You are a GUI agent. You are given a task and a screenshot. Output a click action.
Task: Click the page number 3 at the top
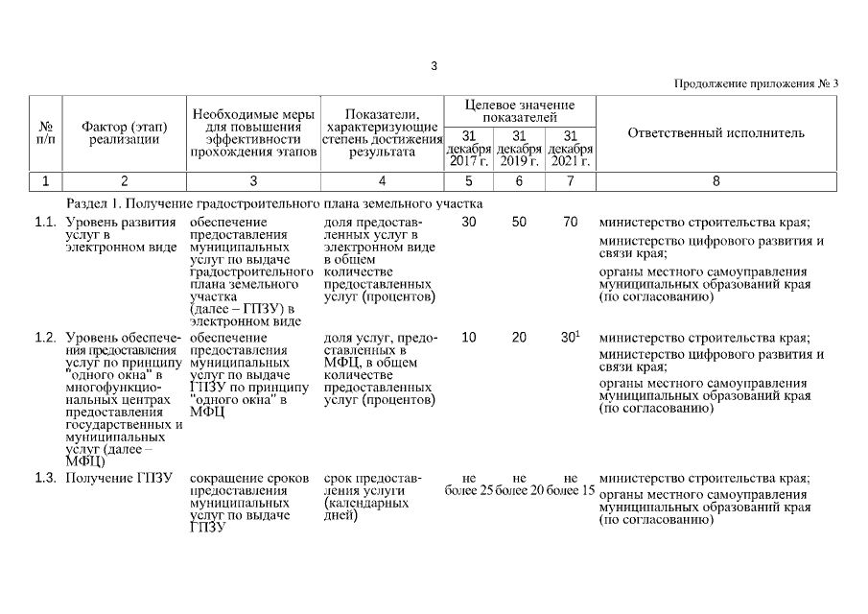click(434, 66)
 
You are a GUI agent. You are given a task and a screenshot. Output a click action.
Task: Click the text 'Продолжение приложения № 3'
click(757, 83)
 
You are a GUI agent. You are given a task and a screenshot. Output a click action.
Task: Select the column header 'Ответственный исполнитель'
click(716, 132)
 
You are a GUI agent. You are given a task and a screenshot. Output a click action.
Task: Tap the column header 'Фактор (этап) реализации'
click(125, 132)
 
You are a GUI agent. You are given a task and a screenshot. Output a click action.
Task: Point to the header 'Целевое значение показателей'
click(519, 109)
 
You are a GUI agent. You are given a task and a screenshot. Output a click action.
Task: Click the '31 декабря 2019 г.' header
click(519, 148)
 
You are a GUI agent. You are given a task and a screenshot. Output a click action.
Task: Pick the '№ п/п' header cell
click(45, 132)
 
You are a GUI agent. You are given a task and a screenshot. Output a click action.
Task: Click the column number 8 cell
click(716, 180)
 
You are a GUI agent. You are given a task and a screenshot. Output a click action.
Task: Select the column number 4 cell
click(382, 180)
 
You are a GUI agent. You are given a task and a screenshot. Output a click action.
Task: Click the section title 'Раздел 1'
click(274, 203)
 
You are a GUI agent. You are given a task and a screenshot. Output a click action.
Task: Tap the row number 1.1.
click(45, 223)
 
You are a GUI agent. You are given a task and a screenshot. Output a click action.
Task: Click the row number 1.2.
click(45, 338)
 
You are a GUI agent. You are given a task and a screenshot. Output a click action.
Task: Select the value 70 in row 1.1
click(570, 223)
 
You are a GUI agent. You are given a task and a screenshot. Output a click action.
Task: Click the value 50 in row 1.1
click(519, 223)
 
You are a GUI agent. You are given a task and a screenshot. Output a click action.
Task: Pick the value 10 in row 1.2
click(468, 338)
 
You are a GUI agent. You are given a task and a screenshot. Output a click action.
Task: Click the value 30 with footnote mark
click(570, 338)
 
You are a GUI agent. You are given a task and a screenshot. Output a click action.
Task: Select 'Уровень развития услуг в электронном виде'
click(121, 235)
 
